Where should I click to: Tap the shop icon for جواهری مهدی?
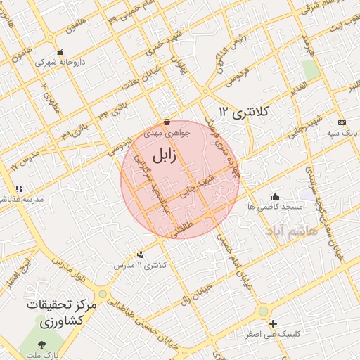click(166, 122)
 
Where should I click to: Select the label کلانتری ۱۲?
click(247, 111)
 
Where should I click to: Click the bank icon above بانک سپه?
click(342, 122)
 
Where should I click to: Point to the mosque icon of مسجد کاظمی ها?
click(275, 196)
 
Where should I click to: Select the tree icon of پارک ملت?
click(42, 344)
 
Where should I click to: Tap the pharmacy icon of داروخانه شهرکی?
click(60, 52)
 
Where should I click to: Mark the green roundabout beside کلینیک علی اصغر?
click(264, 310)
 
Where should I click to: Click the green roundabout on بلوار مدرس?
click(103, 293)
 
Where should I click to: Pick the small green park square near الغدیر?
click(310, 69)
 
